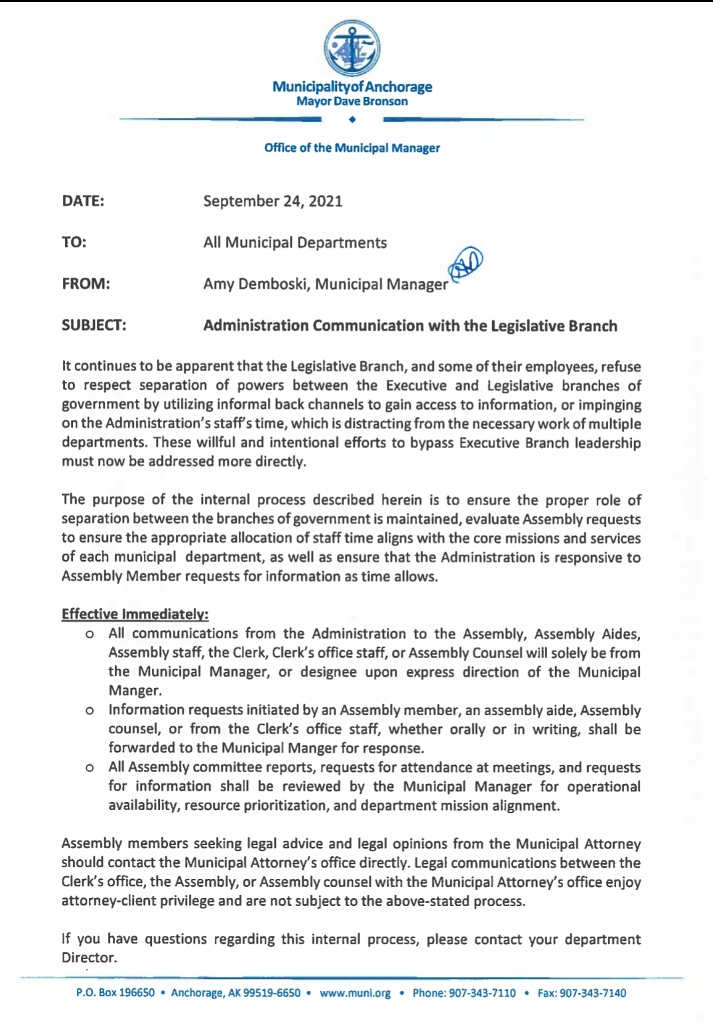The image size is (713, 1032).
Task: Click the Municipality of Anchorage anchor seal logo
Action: coord(352,48)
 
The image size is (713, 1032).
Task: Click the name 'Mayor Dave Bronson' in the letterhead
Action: coord(352,101)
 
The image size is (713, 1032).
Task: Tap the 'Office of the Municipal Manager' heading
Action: coord(352,148)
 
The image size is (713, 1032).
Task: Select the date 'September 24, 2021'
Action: coord(273,201)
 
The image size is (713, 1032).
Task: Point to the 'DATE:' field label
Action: coord(83,201)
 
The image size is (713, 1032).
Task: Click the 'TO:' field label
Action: coord(74,243)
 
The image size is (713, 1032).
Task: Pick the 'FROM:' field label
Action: coord(86,284)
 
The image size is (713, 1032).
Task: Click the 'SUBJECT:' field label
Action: coord(94,325)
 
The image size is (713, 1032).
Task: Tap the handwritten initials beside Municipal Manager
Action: coord(466,264)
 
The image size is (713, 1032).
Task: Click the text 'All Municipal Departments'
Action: coord(294,243)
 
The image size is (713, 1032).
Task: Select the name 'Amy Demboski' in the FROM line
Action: coord(256,284)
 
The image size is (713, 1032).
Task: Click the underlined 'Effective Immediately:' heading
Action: coord(135,614)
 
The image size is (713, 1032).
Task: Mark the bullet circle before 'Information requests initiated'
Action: coord(90,711)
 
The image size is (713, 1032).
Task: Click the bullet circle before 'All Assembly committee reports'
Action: coord(90,768)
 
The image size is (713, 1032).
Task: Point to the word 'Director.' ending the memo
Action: coord(89,958)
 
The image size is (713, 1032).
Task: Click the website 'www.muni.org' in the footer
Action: coord(355,993)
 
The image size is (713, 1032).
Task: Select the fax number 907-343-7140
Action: coord(593,993)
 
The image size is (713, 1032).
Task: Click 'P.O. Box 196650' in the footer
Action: coord(115,993)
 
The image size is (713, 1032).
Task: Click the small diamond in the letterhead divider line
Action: coord(352,120)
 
